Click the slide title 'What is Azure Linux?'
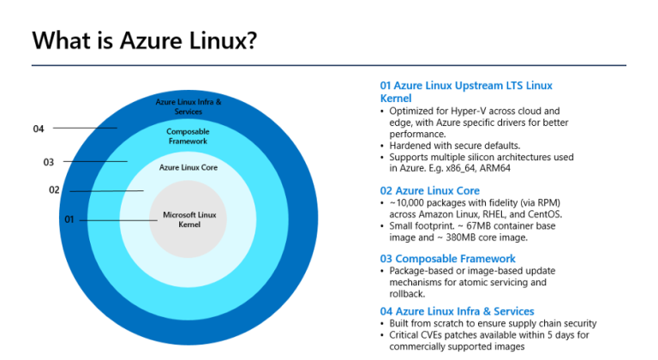[x=143, y=40]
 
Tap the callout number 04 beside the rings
[x=39, y=129]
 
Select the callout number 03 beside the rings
[x=49, y=161]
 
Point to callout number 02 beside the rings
[x=54, y=190]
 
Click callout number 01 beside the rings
[x=69, y=219]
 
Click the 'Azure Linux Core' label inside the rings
[x=188, y=168]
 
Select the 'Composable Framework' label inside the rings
[x=188, y=135]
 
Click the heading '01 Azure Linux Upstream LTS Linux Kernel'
[x=466, y=92]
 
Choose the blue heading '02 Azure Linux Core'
[x=429, y=190]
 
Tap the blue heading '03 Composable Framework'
[x=447, y=258]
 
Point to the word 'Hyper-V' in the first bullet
[x=468, y=111]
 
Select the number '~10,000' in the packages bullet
[x=408, y=203]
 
